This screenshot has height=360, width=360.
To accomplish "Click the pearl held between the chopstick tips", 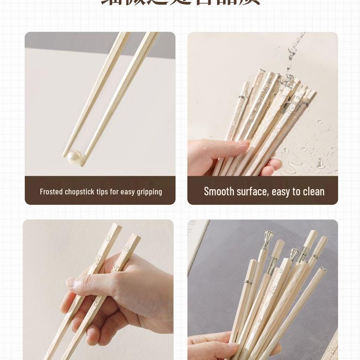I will [x=74, y=156].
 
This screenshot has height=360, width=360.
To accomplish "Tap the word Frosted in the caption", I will [x=51, y=192].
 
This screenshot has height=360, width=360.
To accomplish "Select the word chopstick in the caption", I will [x=80, y=192].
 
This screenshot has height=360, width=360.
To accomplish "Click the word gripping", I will [x=149, y=192].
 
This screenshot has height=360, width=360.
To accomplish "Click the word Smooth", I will [x=219, y=191].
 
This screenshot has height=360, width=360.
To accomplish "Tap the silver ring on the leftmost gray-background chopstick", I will [x=248, y=283].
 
